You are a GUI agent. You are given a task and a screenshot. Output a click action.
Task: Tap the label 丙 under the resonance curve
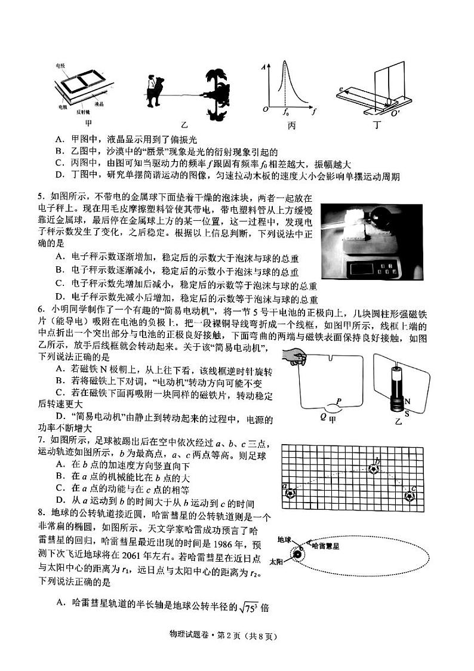[x=292, y=126]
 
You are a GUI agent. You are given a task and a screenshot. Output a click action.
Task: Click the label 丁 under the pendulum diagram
[x=375, y=125]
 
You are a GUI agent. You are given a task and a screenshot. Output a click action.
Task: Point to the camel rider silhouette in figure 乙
[x=156, y=91]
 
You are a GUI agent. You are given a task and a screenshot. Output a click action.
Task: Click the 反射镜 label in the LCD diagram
[x=83, y=112]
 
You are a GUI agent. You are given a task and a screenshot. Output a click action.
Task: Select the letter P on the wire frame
[x=338, y=401]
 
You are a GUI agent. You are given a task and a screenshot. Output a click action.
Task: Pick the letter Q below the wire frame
[x=323, y=417]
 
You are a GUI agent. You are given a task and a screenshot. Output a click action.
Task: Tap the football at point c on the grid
[x=410, y=495]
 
